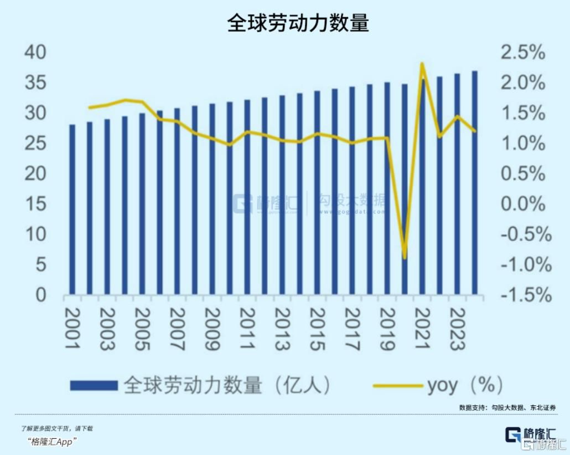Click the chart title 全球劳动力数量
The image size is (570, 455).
(298, 24)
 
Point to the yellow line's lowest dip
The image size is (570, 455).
(405, 258)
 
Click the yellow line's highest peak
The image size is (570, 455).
(422, 64)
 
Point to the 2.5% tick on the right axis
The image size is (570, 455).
(522, 54)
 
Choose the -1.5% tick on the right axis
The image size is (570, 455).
(525, 295)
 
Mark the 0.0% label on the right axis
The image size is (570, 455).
(522, 205)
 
